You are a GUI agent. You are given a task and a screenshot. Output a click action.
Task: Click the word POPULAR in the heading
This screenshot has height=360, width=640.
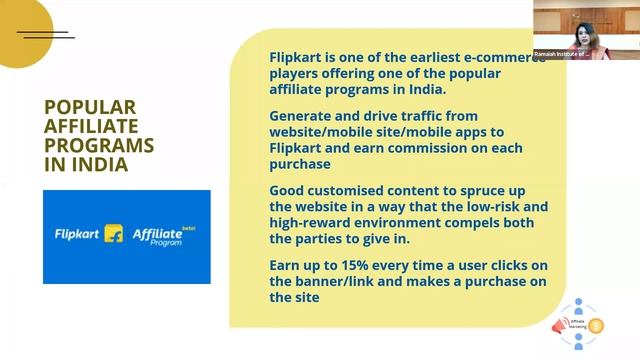(90, 107)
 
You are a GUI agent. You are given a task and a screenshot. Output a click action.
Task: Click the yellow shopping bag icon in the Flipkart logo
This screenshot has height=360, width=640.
(114, 233)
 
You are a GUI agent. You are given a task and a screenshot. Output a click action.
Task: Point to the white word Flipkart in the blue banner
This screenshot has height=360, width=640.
(77, 233)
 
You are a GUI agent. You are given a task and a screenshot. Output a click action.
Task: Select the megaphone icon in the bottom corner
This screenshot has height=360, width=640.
(559, 325)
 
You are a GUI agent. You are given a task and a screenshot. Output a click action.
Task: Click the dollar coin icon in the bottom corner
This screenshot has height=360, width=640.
(597, 324)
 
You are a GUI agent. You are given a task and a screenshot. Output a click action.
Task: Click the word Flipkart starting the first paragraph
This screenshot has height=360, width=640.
(299, 58)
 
